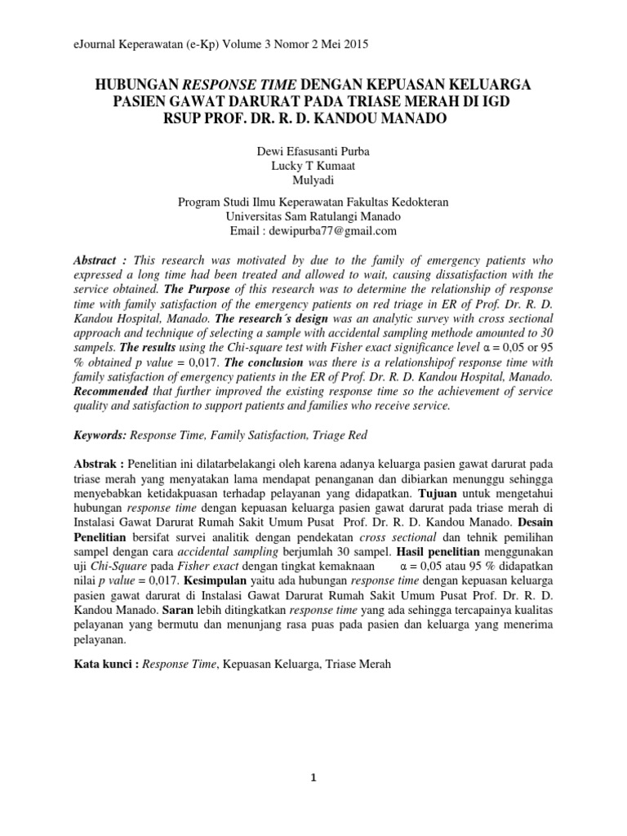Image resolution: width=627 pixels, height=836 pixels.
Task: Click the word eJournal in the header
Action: [x=96, y=47]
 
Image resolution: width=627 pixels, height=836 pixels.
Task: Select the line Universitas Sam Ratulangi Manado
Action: [x=313, y=216]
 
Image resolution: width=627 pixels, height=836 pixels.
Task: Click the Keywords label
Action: [x=101, y=436]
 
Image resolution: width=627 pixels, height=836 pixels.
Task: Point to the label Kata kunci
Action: [x=104, y=665]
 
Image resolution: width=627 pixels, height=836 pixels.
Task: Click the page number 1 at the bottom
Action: [x=313, y=777]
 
